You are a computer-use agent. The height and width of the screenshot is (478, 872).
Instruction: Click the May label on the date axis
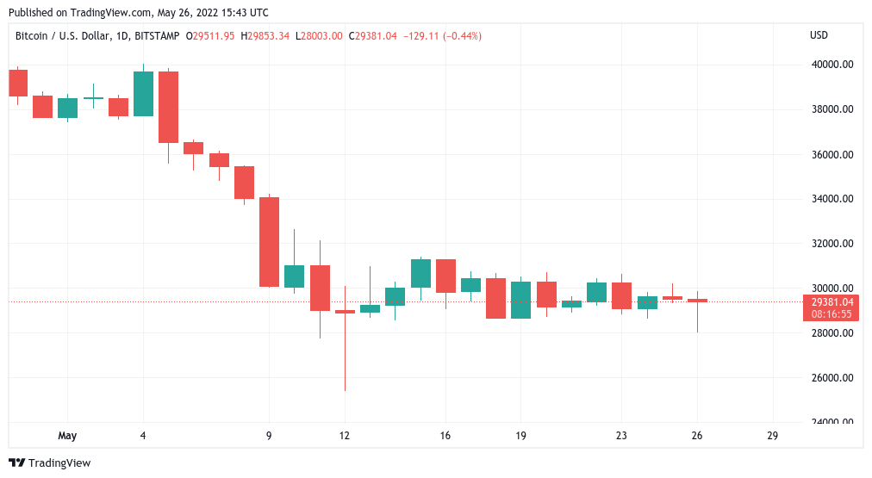(67, 436)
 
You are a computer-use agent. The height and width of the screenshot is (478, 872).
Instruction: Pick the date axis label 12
(345, 436)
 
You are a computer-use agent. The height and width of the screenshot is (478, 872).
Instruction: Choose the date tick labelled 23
(621, 436)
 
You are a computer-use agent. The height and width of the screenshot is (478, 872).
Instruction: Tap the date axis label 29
(772, 436)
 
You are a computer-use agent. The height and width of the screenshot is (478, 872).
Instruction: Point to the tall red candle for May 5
(168, 107)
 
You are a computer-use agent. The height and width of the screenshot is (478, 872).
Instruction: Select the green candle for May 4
(143, 93)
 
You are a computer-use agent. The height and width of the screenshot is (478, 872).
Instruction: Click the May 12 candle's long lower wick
(345, 353)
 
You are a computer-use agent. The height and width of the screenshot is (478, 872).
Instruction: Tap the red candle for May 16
(445, 276)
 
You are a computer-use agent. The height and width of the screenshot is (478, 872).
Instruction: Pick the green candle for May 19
(520, 300)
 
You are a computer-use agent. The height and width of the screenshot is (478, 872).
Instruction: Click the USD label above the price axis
(819, 35)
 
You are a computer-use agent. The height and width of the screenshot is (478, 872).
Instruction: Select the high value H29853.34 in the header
(265, 35)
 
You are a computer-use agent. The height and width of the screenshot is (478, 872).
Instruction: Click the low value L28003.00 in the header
(319, 35)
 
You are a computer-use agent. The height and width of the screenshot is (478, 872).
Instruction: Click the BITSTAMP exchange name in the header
(155, 35)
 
